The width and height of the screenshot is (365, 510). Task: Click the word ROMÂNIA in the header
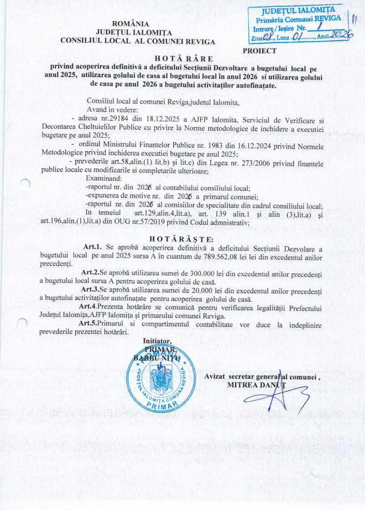point(130,24)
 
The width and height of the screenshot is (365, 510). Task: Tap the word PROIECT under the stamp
point(259,51)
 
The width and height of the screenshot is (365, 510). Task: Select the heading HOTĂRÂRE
point(183,58)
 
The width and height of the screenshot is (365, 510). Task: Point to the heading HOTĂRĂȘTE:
point(182,239)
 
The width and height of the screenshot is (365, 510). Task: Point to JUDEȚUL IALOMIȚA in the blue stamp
point(298,11)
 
